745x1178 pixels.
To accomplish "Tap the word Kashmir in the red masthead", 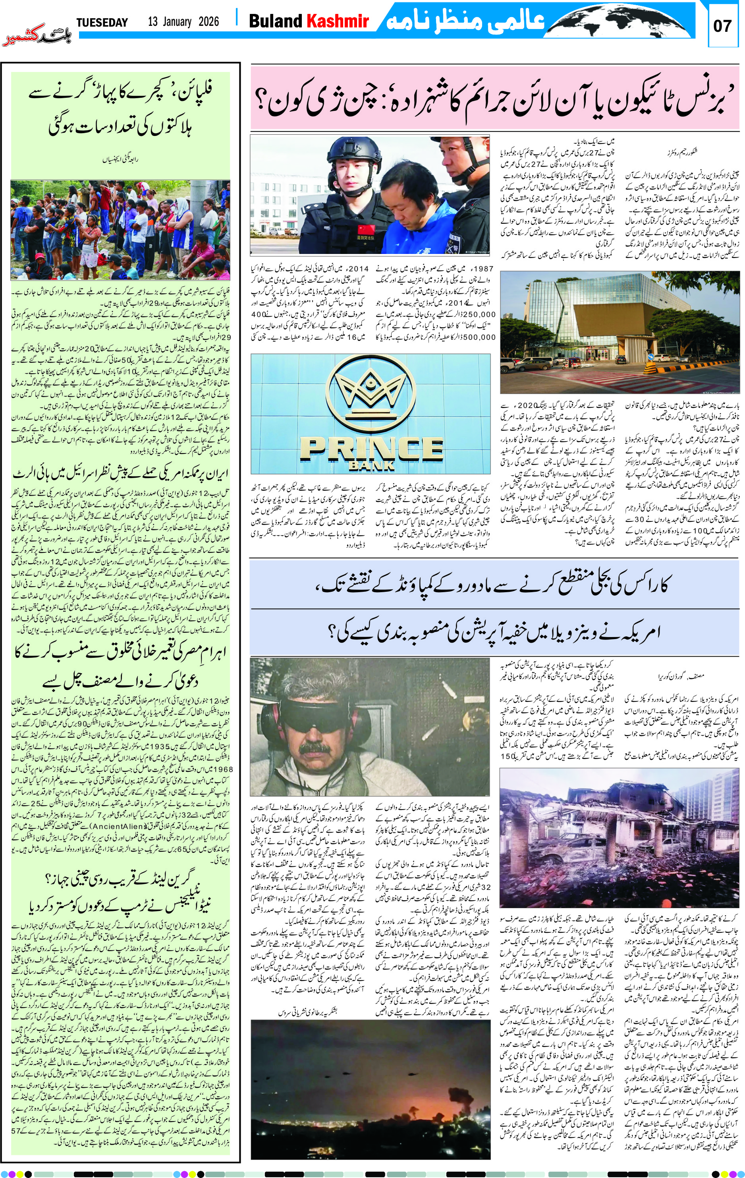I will click(x=337, y=21).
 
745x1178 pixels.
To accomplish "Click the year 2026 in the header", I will click(x=209, y=21).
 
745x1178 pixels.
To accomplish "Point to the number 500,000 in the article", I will click(x=480, y=337).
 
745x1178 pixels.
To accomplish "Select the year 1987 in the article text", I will click(x=484, y=269).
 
